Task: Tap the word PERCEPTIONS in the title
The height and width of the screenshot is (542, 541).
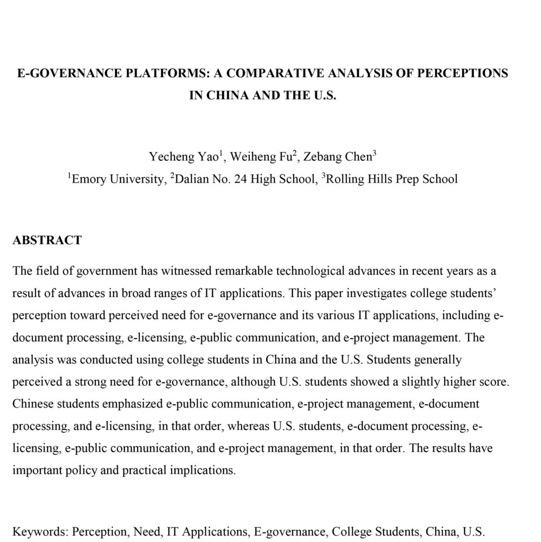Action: (x=463, y=73)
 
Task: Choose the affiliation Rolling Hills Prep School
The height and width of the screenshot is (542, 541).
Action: (x=392, y=179)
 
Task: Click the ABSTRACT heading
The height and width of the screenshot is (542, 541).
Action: (x=47, y=240)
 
